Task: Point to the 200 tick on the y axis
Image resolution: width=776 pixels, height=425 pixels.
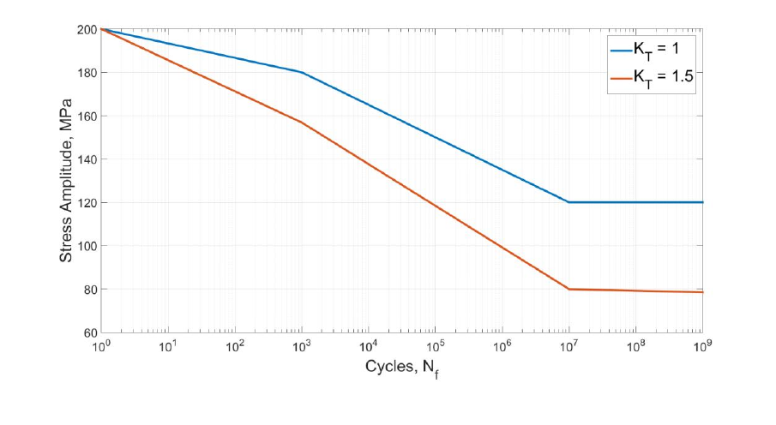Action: [x=87, y=29]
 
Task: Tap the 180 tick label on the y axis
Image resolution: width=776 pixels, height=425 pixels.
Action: [x=87, y=73]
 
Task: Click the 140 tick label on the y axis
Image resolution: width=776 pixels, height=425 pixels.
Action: [x=87, y=159]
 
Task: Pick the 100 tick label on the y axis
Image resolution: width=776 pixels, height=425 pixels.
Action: [x=87, y=246]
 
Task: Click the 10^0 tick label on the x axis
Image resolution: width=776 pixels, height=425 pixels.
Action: [x=100, y=347]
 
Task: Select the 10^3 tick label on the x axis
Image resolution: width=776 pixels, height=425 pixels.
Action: [x=301, y=347]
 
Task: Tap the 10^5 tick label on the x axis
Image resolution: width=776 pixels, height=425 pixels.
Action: [x=435, y=347]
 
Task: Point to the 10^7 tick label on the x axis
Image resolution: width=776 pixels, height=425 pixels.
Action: [x=568, y=347]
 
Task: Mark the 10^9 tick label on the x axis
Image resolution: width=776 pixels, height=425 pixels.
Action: [x=701, y=347]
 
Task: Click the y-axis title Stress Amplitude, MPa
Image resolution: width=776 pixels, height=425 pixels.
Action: [x=68, y=181]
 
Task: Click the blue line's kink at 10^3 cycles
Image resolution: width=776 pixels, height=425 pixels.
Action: [x=302, y=72]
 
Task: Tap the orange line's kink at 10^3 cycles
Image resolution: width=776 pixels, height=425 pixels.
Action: [x=302, y=122]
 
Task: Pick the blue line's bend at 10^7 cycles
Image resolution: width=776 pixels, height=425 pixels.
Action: [x=568, y=202]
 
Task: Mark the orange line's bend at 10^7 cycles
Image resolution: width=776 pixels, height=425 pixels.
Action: [x=568, y=289]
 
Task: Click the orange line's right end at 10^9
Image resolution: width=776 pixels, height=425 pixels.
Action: [x=702, y=292]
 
